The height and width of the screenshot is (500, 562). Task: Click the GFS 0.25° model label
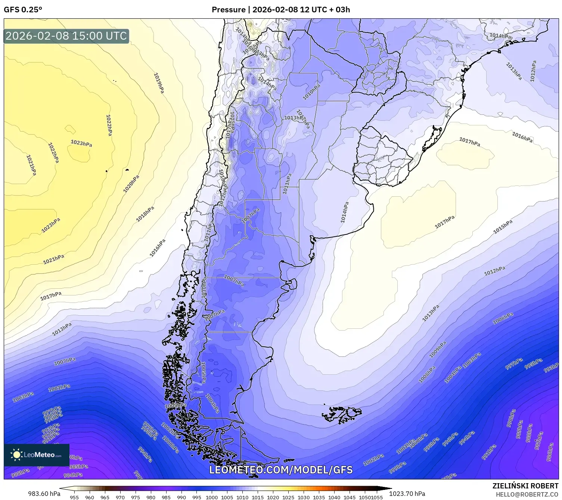pos(23,10)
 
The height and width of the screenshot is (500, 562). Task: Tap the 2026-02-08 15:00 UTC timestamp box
pos(66,36)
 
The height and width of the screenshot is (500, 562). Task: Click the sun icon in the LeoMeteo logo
pos(16,455)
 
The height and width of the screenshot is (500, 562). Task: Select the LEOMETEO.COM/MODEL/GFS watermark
pos(281,470)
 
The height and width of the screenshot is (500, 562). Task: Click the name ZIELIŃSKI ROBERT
pos(525,486)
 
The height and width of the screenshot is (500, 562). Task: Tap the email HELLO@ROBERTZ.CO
pos(527,494)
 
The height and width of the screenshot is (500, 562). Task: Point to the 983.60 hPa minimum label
pos(44,494)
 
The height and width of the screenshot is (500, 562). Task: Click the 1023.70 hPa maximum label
pos(407,494)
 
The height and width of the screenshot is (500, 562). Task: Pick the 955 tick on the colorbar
pos(74,497)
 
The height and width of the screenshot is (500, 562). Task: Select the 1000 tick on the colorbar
pos(212,497)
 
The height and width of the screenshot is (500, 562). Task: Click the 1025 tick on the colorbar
pos(288,497)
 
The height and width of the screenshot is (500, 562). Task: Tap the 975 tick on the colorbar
pos(135,497)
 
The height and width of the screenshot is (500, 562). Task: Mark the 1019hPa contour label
pos(159,83)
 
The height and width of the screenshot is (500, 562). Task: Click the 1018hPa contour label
pos(145,214)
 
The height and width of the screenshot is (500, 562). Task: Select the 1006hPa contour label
pos(503,319)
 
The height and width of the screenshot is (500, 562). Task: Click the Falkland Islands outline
pos(342,414)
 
